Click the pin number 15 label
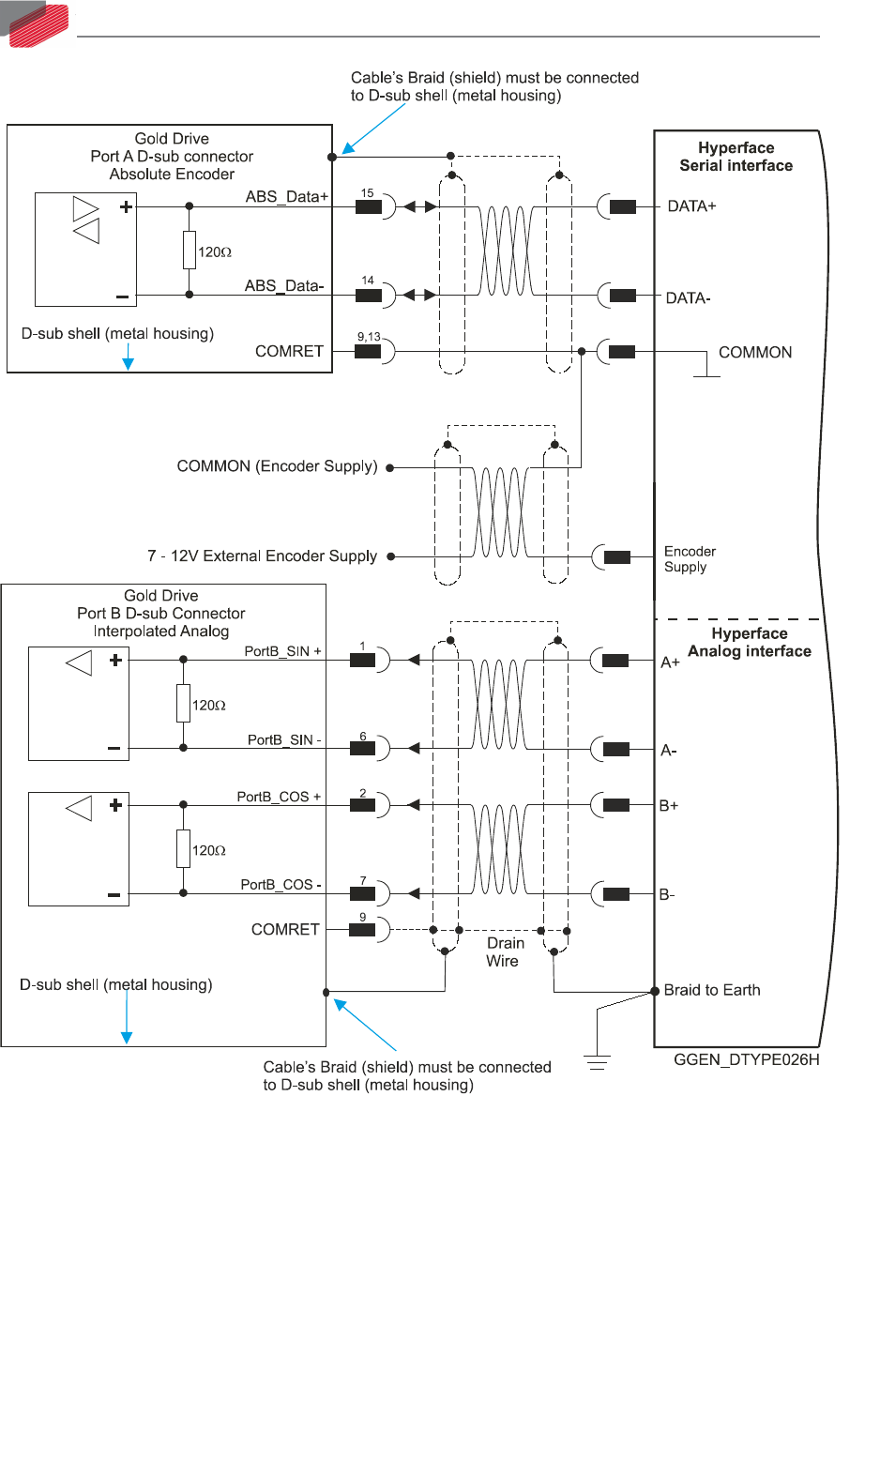tap(367, 193)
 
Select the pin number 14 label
tap(368, 281)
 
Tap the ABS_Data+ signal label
tap(287, 197)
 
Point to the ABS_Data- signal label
tap(284, 286)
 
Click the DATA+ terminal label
tap(691, 206)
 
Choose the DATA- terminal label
tap(688, 298)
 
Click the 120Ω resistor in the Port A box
tap(190, 251)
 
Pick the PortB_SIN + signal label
tap(282, 651)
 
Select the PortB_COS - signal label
tap(281, 885)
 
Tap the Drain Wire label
tap(505, 951)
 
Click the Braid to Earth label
tap(712, 991)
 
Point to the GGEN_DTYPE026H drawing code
tap(746, 1060)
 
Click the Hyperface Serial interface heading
tap(736, 157)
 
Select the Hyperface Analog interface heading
tap(749, 643)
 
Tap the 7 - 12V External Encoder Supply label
tap(262, 556)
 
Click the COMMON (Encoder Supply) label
tap(277, 466)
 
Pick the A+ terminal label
tap(670, 662)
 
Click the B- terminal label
tap(667, 895)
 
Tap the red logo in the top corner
tap(39, 23)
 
